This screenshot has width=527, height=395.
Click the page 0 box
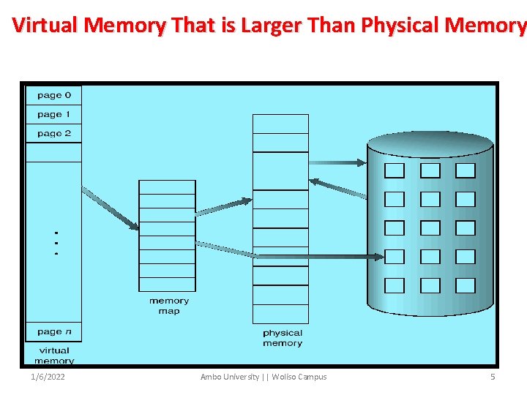[x=54, y=95]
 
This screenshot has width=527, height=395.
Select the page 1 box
[x=54, y=114]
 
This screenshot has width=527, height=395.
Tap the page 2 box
[x=54, y=133]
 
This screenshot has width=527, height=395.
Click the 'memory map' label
[x=168, y=306]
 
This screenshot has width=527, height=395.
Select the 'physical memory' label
[x=283, y=338]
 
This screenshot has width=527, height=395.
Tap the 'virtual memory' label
[x=54, y=355]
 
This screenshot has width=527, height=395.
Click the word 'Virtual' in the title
[x=45, y=26]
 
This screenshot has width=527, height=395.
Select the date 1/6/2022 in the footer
[x=48, y=377]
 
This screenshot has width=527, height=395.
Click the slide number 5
[x=493, y=377]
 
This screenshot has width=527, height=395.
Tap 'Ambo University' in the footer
[x=230, y=377]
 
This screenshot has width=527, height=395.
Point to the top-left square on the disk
[x=395, y=170]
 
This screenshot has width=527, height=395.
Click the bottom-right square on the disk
[x=466, y=285]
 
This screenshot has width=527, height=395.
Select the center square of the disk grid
[x=430, y=227]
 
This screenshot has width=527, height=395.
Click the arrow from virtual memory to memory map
[x=110, y=208]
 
